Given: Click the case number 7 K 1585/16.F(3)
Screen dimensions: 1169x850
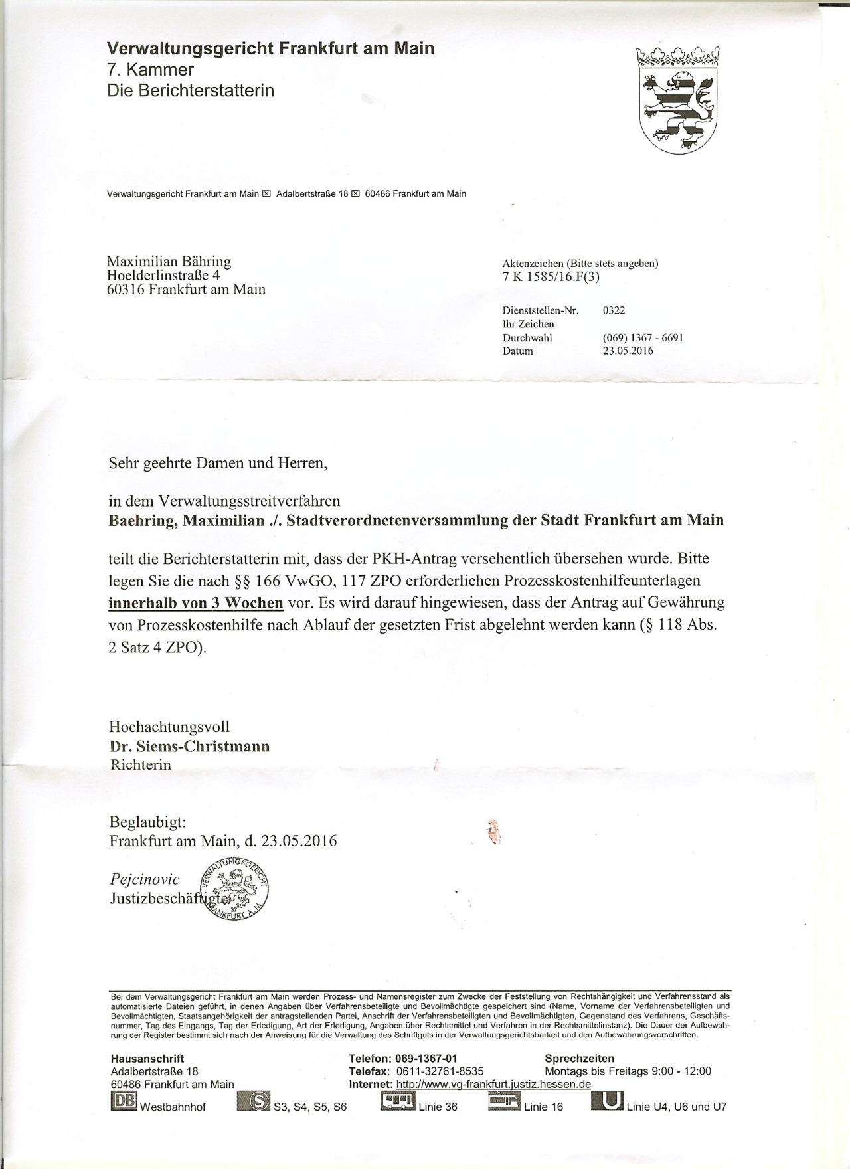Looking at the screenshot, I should pyautogui.click(x=551, y=277).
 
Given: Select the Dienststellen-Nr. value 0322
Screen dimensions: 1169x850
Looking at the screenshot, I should pyautogui.click(x=614, y=310).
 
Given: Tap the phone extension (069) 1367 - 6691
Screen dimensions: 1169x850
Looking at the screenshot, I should pyautogui.click(x=643, y=337).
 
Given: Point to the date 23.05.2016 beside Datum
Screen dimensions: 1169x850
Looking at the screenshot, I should pyautogui.click(x=628, y=351).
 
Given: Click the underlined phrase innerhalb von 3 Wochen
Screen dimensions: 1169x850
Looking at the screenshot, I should pyautogui.click(x=196, y=603).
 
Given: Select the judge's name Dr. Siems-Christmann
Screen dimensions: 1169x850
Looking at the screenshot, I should pyautogui.click(x=189, y=746).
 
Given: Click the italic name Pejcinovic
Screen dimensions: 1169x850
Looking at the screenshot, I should pyautogui.click(x=145, y=879).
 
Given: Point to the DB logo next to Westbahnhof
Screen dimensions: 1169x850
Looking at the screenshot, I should pyautogui.click(x=124, y=1101).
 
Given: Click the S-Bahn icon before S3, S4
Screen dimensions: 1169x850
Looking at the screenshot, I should pyautogui.click(x=253, y=1101).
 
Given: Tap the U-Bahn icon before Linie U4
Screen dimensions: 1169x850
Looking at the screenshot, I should pyautogui.click(x=607, y=1101).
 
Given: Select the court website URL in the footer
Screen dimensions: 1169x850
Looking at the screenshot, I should pyautogui.click(x=493, y=1084).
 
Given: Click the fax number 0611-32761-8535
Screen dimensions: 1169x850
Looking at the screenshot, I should pyautogui.click(x=440, y=1071).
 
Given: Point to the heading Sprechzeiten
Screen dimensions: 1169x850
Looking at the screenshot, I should pyautogui.click(x=579, y=1058).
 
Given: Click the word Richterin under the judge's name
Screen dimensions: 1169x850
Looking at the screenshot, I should pyautogui.click(x=140, y=764).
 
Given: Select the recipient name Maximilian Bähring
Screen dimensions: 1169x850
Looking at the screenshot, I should pyautogui.click(x=169, y=262).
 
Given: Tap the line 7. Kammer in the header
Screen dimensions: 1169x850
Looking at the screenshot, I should pyautogui.click(x=150, y=70).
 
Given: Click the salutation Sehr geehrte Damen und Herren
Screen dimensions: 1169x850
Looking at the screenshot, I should pyautogui.click(x=218, y=463).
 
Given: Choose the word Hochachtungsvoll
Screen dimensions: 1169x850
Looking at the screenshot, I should pyautogui.click(x=169, y=727).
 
